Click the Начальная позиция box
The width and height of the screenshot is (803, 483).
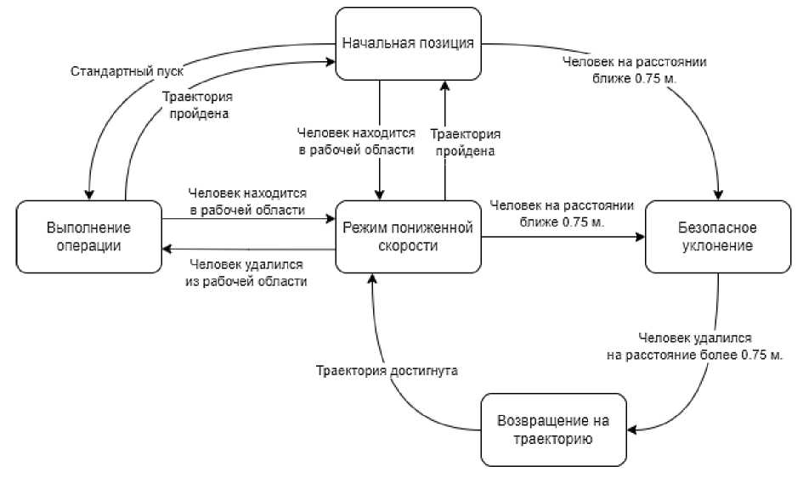point(407,42)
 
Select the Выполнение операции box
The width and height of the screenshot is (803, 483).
point(89,236)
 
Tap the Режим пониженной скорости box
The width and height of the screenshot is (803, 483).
point(406,236)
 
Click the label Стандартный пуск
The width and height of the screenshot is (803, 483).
point(126,70)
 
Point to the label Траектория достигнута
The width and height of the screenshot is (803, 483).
point(387,371)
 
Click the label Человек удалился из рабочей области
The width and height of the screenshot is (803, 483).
point(246,272)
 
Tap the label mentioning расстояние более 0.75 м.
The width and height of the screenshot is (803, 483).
point(694,346)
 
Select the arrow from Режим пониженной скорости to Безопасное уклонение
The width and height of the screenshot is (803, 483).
point(561,236)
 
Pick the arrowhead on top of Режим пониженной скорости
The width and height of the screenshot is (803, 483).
point(380,196)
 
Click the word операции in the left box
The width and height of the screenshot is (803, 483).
point(89,245)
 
